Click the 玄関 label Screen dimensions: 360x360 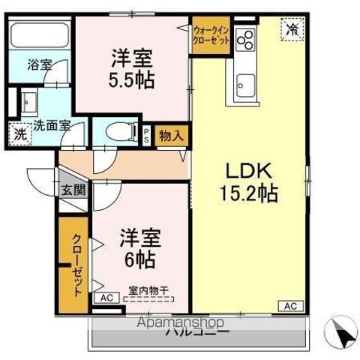[x=73, y=190]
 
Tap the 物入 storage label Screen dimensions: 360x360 [x=172, y=135]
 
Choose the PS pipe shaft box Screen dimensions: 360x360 [x=147, y=135]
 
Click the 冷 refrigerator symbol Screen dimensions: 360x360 [x=290, y=30]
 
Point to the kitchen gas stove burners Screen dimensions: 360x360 [x=244, y=39]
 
